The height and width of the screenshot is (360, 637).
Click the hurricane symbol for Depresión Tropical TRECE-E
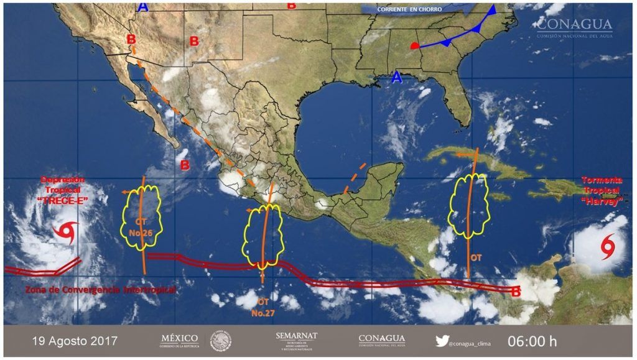pos(65,231)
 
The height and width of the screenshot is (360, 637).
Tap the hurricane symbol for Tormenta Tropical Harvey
pos(607,247)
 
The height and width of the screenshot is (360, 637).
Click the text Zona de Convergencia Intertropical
pos(100,290)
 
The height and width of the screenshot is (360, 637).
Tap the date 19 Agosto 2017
pos(74,341)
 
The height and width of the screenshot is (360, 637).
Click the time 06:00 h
pos(532,341)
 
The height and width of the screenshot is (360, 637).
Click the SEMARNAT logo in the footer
pos(296,341)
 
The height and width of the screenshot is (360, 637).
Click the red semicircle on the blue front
pos(415,45)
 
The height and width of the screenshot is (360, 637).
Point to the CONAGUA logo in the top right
pos(574,28)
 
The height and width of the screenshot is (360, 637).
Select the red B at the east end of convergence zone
pos(515,291)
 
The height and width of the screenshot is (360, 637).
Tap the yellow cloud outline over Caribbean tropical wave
pos(470,205)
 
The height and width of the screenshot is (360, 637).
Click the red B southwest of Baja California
pos(185,165)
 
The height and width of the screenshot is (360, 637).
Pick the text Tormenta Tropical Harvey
pos(601,191)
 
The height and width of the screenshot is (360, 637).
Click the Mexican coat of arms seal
pos(220,341)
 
